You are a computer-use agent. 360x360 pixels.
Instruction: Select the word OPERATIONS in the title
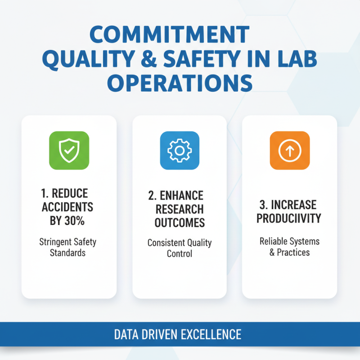pos(180,84)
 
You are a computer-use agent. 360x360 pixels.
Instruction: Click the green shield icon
pos(69,150)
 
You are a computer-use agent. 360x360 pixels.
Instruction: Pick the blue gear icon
pos(180,150)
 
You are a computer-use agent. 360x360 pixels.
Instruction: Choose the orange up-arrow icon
pos(289,150)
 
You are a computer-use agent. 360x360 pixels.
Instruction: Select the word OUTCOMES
pos(180,222)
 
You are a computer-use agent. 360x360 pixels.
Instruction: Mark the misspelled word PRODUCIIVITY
pos(290,219)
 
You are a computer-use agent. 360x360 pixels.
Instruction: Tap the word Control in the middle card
pos(180,254)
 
